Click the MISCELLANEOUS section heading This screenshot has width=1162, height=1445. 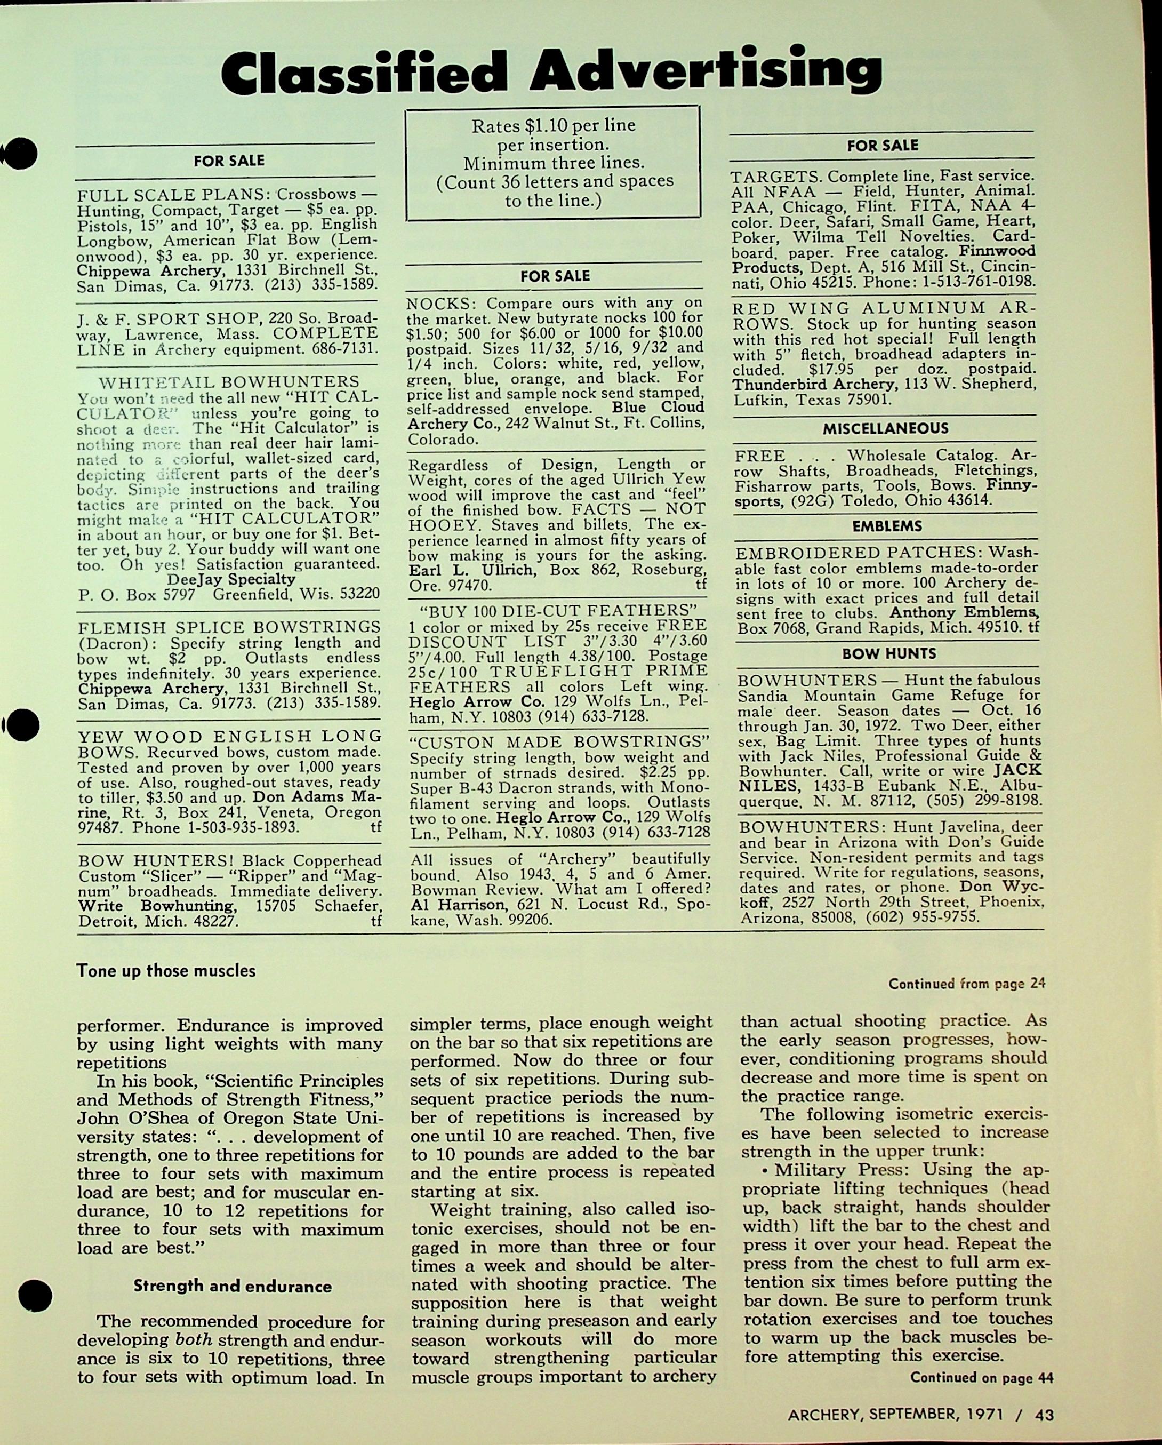tap(885, 428)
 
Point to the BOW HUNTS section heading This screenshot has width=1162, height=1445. tap(888, 653)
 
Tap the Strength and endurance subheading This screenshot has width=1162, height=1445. tap(232, 1286)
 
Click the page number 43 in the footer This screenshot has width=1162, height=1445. tap(1044, 1415)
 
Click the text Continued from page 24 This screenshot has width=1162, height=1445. tap(966, 984)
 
